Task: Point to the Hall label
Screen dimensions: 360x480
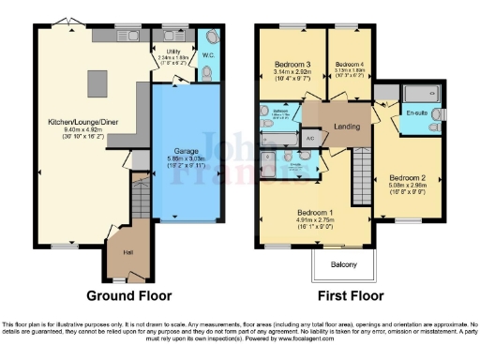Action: (x=127, y=251)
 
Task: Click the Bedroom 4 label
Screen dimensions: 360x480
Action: (x=349, y=64)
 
